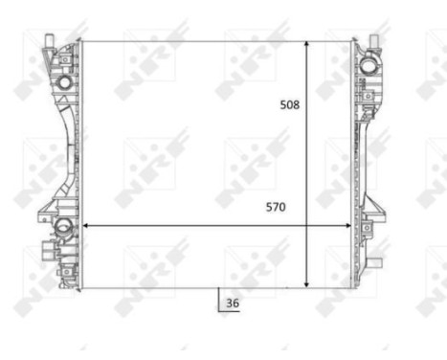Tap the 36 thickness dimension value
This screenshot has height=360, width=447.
(233, 304)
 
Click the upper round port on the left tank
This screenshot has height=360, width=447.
(64, 83)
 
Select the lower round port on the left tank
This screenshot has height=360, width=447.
(63, 228)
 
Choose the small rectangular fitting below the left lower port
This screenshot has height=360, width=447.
(47, 255)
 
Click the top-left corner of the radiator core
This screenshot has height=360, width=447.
(83, 42)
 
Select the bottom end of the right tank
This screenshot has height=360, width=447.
(361, 284)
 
